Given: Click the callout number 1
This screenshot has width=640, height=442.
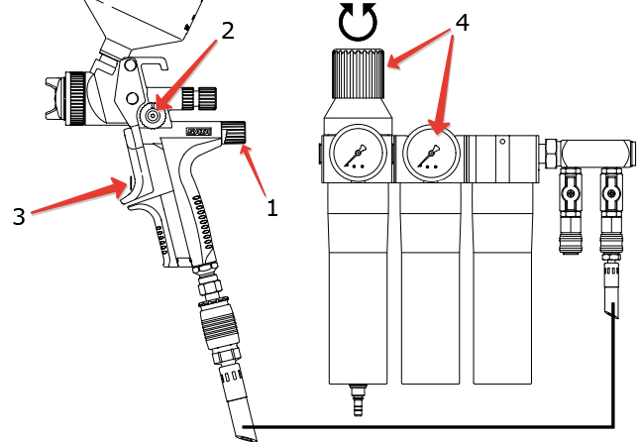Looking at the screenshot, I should (x=272, y=209).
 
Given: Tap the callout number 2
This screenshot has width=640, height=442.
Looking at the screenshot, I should (x=227, y=30).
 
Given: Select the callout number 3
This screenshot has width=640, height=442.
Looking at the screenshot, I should (x=18, y=215).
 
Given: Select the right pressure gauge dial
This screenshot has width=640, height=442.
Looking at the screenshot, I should (x=428, y=154).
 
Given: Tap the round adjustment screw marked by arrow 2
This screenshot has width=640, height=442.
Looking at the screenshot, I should (x=152, y=116).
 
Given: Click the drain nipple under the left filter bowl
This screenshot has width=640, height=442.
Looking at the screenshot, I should (x=358, y=402).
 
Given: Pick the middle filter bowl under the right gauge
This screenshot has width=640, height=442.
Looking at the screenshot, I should (x=431, y=287).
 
